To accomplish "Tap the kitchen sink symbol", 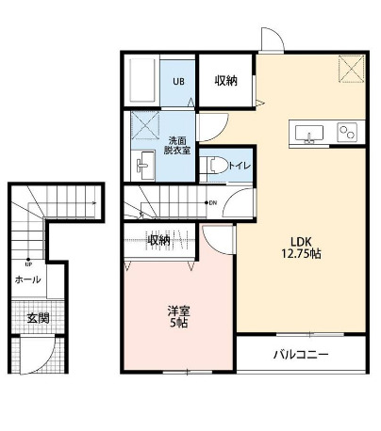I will [x=309, y=135].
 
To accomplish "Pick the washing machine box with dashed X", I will [x=145, y=125].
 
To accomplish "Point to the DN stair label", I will [x=213, y=202].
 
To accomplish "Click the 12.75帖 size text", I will [x=302, y=254].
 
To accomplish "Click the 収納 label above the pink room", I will [x=158, y=241].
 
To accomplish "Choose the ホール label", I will [x=27, y=279].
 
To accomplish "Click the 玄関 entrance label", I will [x=37, y=318].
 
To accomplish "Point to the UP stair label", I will [x=30, y=263].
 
